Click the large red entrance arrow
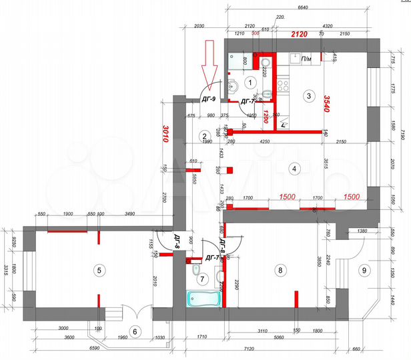210,65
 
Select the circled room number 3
308,96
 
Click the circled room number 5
99,270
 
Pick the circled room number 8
280,270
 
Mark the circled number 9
364,270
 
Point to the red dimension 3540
326,103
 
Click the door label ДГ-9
208,99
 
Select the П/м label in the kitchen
307,59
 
